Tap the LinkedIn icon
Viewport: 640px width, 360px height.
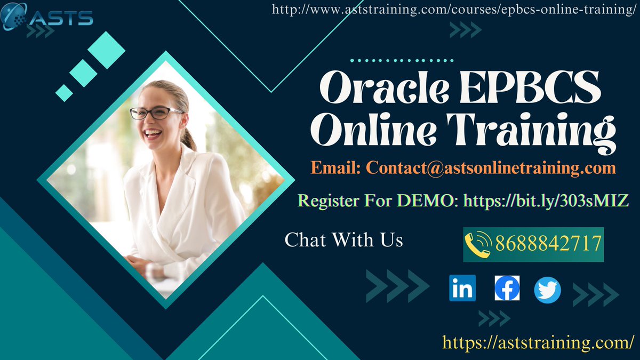point(462,289)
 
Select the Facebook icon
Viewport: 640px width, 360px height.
point(507,289)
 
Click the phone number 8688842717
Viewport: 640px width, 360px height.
point(548,244)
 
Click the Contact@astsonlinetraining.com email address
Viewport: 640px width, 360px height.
point(491,169)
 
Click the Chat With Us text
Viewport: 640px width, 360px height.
point(344,239)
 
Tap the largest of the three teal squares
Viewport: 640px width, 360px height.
point(106,50)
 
